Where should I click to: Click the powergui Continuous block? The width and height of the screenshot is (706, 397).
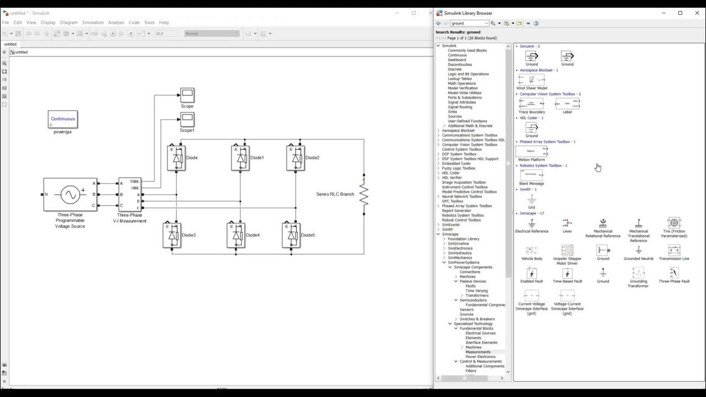point(62,119)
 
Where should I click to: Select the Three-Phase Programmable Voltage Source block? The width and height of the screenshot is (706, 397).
point(70,194)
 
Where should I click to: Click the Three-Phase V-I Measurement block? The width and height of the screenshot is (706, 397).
point(130,194)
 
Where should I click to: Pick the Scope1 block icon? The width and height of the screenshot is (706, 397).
point(187,119)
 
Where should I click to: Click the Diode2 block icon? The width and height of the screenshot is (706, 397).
point(296,158)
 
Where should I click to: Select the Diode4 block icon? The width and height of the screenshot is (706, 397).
point(236,235)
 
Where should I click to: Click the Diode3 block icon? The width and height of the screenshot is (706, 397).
point(172,235)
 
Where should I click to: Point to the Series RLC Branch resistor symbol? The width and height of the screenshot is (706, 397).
point(363,195)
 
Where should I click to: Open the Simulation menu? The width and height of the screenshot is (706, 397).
point(93,23)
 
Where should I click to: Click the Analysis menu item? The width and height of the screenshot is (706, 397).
point(116,23)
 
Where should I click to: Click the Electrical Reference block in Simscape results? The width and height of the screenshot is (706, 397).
point(531,223)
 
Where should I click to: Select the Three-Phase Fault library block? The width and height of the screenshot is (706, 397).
point(673,273)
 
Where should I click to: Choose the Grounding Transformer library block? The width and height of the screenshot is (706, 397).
point(638,273)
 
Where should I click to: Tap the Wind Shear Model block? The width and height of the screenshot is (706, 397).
point(531,80)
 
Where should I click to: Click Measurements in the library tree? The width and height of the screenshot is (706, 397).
point(478,352)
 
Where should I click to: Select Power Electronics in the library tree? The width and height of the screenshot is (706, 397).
point(480,357)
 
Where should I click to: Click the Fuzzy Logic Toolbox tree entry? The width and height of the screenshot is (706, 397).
point(458,168)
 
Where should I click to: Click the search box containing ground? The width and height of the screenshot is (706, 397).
point(469,23)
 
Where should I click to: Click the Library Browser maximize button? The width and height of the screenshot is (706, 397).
point(680,13)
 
